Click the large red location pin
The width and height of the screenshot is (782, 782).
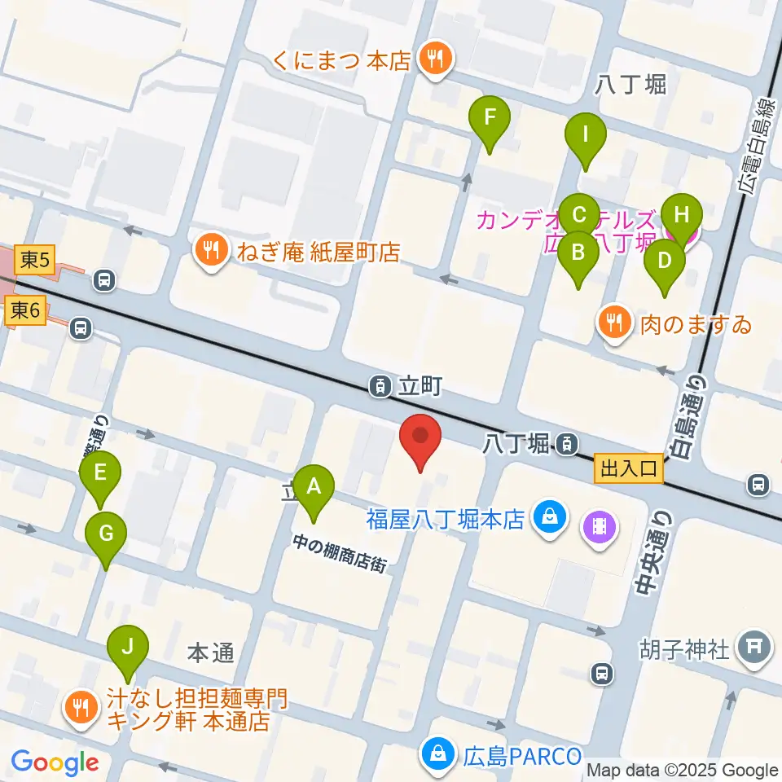coord(420,440)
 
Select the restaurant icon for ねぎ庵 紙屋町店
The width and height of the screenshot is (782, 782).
coord(212,252)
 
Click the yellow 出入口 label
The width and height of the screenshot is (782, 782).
coord(629,469)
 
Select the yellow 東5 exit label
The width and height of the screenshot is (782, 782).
coord(36,261)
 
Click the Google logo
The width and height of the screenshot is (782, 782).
coord(55,762)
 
